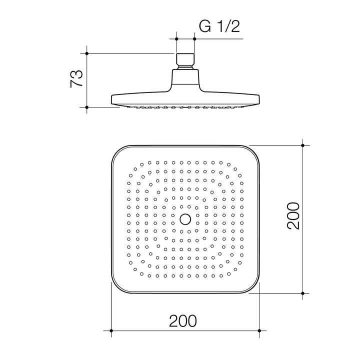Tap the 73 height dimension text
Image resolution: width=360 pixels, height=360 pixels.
(x=76, y=79)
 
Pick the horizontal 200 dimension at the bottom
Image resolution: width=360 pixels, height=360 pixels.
(x=183, y=320)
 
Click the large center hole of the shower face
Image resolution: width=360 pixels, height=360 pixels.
(x=185, y=218)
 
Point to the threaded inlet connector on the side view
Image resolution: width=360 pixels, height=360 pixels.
(x=185, y=60)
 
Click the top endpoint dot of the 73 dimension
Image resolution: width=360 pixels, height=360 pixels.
(x=86, y=53)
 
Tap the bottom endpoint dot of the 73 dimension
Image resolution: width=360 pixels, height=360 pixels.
(x=86, y=107)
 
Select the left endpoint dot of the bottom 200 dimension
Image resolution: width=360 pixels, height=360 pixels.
(x=110, y=330)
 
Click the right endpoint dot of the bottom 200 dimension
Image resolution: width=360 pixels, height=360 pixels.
(x=259, y=330)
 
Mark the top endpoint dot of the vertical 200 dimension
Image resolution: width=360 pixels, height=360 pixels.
(x=303, y=145)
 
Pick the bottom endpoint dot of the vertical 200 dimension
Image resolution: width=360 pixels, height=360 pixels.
(x=303, y=293)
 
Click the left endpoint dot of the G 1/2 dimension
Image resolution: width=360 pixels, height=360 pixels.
(x=176, y=38)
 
